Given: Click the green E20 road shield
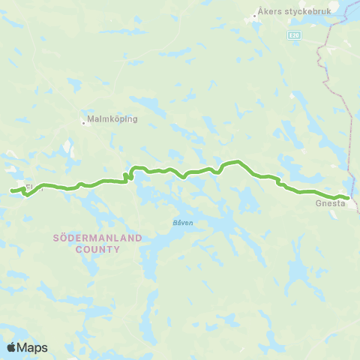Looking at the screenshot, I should tap(293, 34).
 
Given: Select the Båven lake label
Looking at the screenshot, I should tap(173, 223).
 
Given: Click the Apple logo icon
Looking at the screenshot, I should tap(12, 347).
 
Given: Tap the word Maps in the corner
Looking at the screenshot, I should tap(33, 347).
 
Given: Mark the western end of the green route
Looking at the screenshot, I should tap(12, 191).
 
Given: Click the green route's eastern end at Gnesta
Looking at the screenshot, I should tap(348, 198).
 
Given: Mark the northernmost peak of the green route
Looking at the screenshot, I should tap(237, 161).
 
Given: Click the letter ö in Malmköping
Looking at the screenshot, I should tap(120, 118).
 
